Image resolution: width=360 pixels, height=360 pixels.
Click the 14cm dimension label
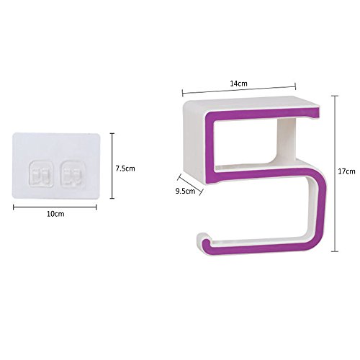pyautogui.click(x=238, y=84)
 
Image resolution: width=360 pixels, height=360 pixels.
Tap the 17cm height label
pyautogui.click(x=346, y=171)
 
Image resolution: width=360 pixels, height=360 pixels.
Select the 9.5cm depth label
pyautogui.click(x=185, y=192)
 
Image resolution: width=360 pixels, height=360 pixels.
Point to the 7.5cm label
pyautogui.click(x=125, y=168)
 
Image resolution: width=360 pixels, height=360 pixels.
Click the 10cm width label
pyautogui.click(x=55, y=214)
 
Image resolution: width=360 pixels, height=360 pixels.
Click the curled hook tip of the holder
pyautogui.click(x=204, y=240)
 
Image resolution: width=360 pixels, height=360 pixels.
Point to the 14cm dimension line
pyautogui.click(x=239, y=89)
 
